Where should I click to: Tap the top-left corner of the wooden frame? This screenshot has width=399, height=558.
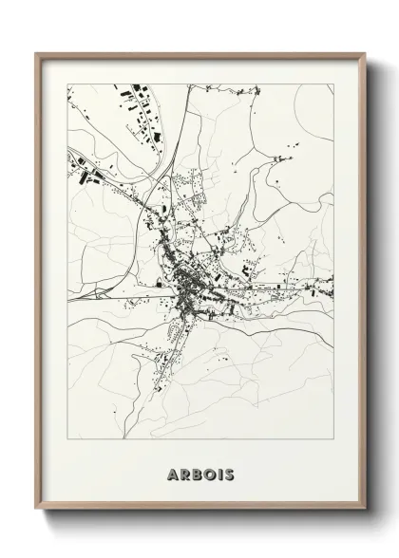click(37, 53)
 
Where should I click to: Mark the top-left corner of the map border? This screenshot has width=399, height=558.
click(67, 84)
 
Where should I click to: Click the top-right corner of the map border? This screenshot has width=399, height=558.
click(333, 84)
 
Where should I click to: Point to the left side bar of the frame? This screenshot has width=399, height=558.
click(38, 285)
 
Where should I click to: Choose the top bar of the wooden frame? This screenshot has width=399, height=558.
click(199, 54)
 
